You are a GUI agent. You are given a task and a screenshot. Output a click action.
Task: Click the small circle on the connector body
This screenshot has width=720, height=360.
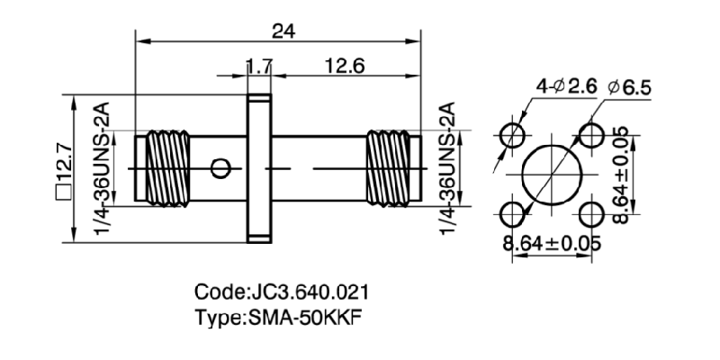(x=219, y=167)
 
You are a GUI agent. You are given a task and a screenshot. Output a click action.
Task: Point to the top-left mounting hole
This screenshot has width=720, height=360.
(x=515, y=136)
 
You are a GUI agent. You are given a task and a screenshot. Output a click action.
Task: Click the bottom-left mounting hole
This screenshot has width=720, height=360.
(x=515, y=213)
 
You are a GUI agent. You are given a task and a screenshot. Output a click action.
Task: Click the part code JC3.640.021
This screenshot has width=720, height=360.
(x=281, y=293)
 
